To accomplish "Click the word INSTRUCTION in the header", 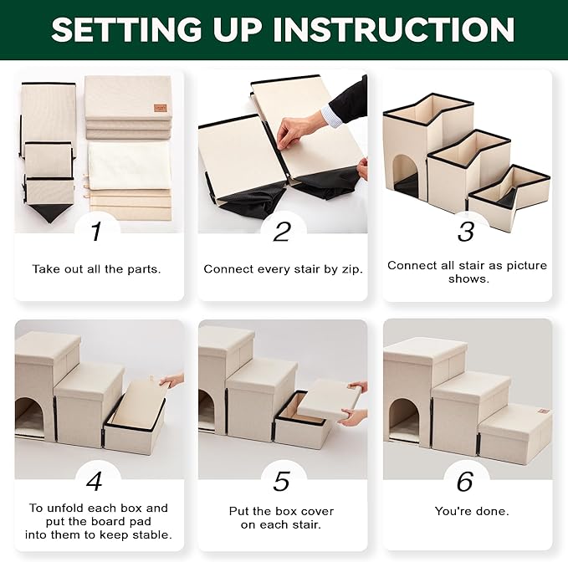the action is [394, 29].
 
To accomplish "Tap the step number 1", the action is [96, 231].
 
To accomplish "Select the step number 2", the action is [282, 232].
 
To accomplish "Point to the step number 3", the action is [466, 232].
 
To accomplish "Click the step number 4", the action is [95, 482].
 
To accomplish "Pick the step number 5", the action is [281, 482].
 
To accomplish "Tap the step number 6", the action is [465, 482].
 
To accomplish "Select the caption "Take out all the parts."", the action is [96, 269].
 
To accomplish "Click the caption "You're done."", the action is [472, 511].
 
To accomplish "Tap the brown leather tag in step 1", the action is [161, 108].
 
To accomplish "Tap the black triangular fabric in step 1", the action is [51, 213].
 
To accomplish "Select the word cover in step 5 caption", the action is [317, 511].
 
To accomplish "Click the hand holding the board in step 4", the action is [172, 381].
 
